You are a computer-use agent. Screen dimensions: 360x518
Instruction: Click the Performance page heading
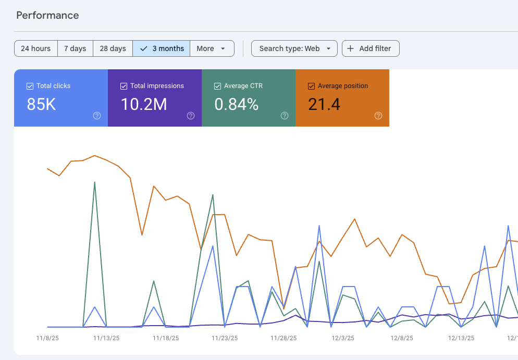pos(47,15)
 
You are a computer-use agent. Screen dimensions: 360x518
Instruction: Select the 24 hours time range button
pos(35,48)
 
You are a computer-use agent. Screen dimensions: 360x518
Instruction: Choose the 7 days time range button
pos(75,48)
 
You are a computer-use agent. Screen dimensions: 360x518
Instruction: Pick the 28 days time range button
pos(113,48)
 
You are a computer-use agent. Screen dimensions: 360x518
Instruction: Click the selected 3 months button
pos(162,48)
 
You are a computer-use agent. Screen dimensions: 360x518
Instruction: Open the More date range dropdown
pos(212,48)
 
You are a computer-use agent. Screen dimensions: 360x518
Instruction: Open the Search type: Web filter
pos(294,48)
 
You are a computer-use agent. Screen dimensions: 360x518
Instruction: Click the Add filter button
pos(371,48)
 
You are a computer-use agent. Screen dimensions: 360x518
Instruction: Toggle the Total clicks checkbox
pos(30,86)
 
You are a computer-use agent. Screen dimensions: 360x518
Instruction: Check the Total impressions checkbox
pos(124,86)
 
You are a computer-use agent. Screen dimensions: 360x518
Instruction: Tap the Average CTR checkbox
pos(217,86)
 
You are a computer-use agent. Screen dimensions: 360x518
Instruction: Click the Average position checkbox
pos(311,86)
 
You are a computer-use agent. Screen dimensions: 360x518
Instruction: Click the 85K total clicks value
pos(41,105)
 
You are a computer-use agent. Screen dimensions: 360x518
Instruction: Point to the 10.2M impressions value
pos(144,105)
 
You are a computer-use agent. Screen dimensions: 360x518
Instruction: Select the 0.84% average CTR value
pos(237,105)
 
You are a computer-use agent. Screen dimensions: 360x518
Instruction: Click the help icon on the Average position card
pos(378,116)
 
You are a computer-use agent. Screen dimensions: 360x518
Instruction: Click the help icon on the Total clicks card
pos(97,116)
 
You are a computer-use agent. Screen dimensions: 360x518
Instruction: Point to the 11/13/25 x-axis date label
pos(106,338)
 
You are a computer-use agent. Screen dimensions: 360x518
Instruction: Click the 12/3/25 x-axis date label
pos(343,338)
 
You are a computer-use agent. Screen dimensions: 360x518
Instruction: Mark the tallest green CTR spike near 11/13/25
pos(94,182)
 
